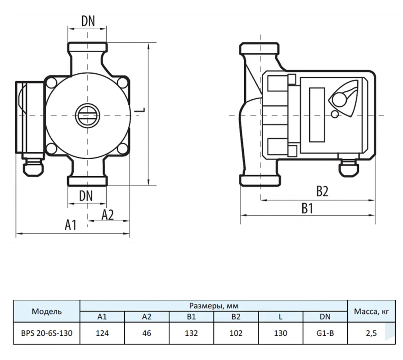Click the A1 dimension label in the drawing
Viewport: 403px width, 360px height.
[71, 225]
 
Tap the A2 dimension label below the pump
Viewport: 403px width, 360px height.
[107, 215]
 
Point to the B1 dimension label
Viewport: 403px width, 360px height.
[307, 208]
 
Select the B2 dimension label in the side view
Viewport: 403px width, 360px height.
[322, 191]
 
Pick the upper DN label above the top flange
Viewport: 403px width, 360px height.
[88, 21]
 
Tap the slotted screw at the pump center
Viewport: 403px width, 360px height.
[87, 116]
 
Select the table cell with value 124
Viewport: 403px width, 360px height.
[102, 333]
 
